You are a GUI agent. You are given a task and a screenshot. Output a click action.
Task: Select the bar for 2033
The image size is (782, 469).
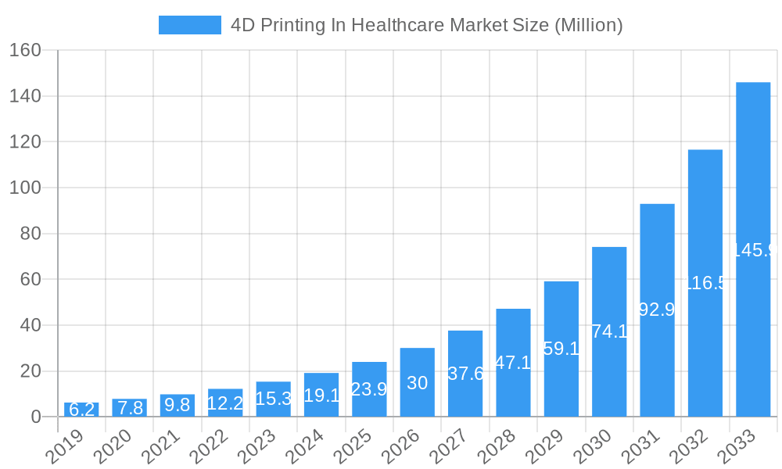tap(753, 249)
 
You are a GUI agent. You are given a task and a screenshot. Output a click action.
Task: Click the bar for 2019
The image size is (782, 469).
tap(81, 410)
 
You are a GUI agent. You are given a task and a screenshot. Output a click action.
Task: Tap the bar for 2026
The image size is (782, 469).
tap(418, 382)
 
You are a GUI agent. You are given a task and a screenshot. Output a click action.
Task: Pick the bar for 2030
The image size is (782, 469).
tap(609, 331)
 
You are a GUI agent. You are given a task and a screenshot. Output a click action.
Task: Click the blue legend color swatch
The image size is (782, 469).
tap(190, 25)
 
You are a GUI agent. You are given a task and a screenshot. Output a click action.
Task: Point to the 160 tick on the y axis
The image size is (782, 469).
tap(26, 50)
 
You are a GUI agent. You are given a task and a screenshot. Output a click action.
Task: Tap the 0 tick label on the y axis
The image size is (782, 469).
tap(36, 417)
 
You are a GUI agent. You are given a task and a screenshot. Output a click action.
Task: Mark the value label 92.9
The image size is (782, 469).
tap(657, 310)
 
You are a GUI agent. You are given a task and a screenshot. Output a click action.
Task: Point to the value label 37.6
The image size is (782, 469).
tap(465, 374)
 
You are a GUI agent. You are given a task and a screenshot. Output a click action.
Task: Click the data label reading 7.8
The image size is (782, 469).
tap(130, 408)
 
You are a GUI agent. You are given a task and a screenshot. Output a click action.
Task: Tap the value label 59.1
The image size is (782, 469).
tap(561, 349)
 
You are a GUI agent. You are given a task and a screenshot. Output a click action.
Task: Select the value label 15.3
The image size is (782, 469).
tap(274, 399)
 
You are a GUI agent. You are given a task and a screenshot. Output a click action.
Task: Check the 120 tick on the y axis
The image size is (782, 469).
tap(26, 141)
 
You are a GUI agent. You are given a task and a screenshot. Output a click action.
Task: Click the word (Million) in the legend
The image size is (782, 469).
tap(588, 25)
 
